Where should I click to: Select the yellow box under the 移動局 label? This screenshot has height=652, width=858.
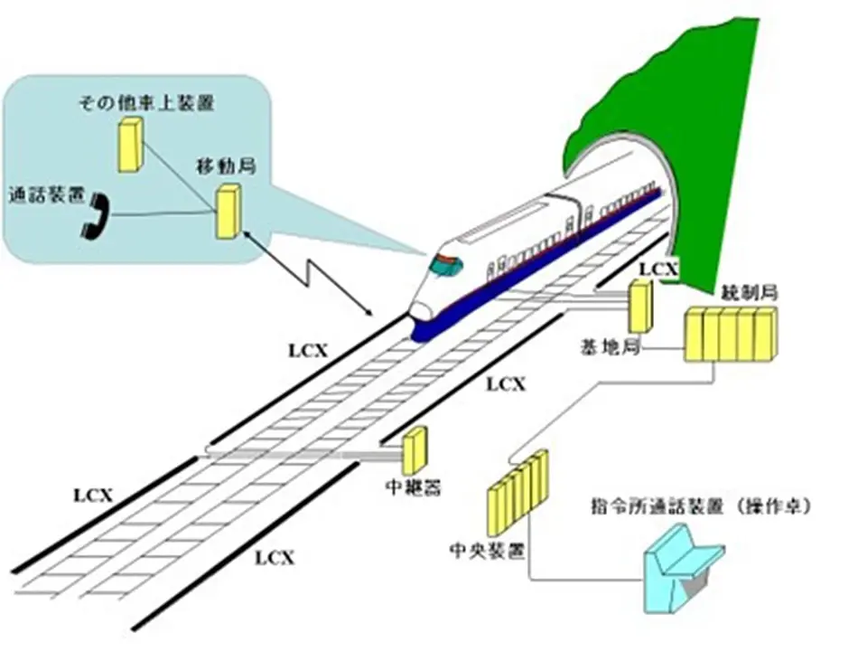coord(228,212)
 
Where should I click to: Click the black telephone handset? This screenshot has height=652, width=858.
coord(94,215)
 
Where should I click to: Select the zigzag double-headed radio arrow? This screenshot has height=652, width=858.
coord(316,271)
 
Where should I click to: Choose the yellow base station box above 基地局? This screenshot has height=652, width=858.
coord(640,307)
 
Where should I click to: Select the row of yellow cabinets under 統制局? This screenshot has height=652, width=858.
coord(730,335)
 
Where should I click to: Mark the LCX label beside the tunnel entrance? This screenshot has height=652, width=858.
coord(657,269)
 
